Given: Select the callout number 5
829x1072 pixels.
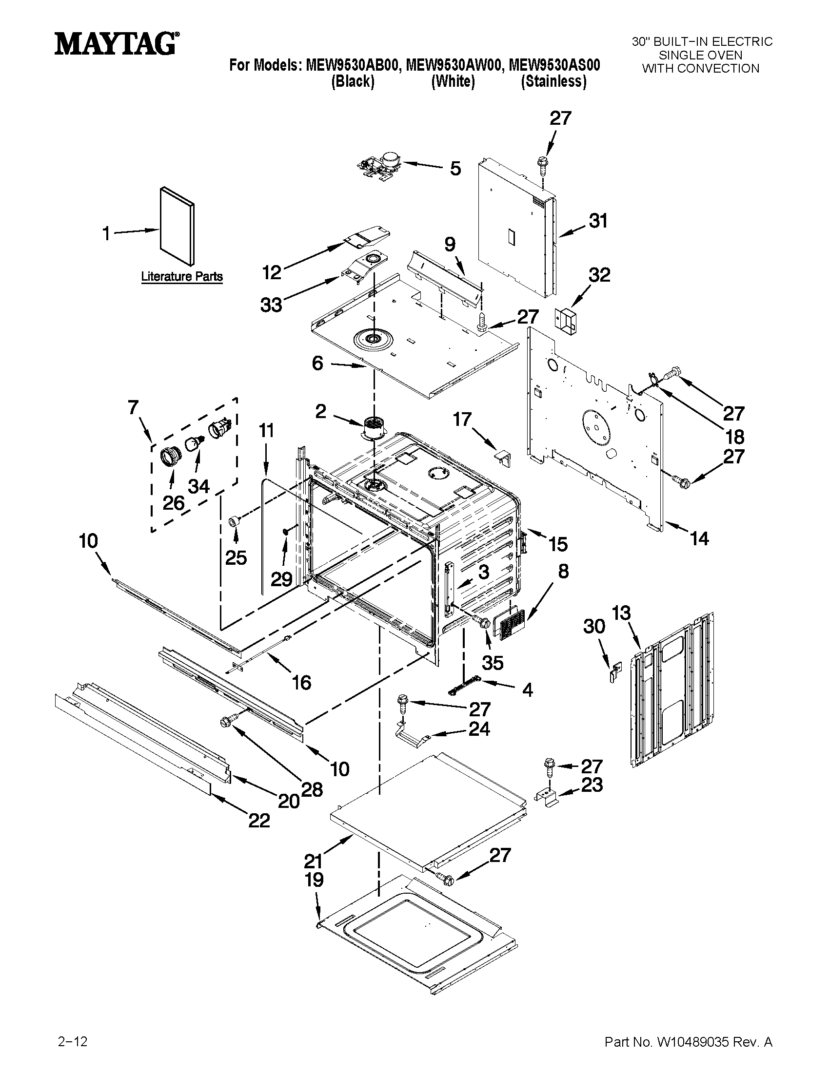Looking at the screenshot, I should [x=455, y=169].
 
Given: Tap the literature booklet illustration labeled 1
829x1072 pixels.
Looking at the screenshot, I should [x=177, y=225].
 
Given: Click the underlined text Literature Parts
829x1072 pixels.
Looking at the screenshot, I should [x=182, y=276].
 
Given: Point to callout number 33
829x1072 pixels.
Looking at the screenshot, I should [x=271, y=305].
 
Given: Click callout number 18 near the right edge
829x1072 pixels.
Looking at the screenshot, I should [x=735, y=437].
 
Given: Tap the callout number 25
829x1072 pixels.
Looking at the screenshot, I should [x=236, y=557].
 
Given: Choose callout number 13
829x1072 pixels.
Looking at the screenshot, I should [x=621, y=613].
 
